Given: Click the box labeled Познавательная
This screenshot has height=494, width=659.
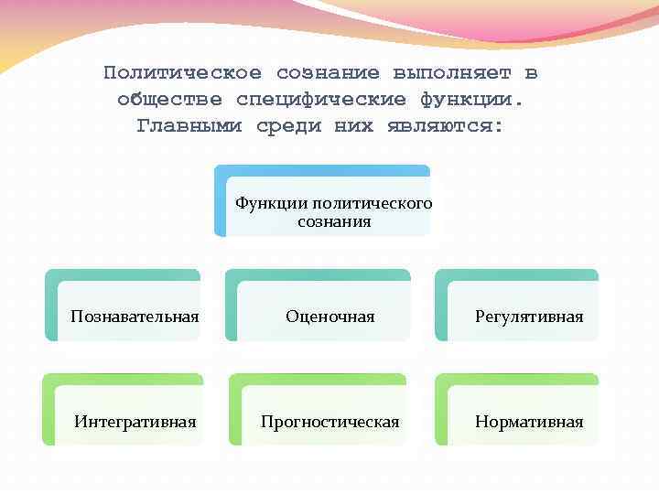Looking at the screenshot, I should pos(135,317).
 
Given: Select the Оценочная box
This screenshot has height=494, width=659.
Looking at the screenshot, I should pos(329,317).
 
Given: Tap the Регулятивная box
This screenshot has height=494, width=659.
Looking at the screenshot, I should pos(528,317).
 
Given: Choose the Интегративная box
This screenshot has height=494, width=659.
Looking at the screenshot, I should pos(135,422).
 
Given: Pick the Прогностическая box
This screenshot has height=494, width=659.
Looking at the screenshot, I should pos(329,422).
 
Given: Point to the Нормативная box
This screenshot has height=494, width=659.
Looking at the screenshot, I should pos(528,422).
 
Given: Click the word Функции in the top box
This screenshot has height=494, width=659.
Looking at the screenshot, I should pos(271,203).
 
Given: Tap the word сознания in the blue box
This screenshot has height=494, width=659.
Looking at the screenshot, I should pos(334,221).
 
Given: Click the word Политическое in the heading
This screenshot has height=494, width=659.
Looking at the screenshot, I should pos(182,73).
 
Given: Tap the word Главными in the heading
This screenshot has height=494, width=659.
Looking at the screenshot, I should pos(189,125).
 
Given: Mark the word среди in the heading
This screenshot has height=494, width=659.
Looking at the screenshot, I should pos(288,125).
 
